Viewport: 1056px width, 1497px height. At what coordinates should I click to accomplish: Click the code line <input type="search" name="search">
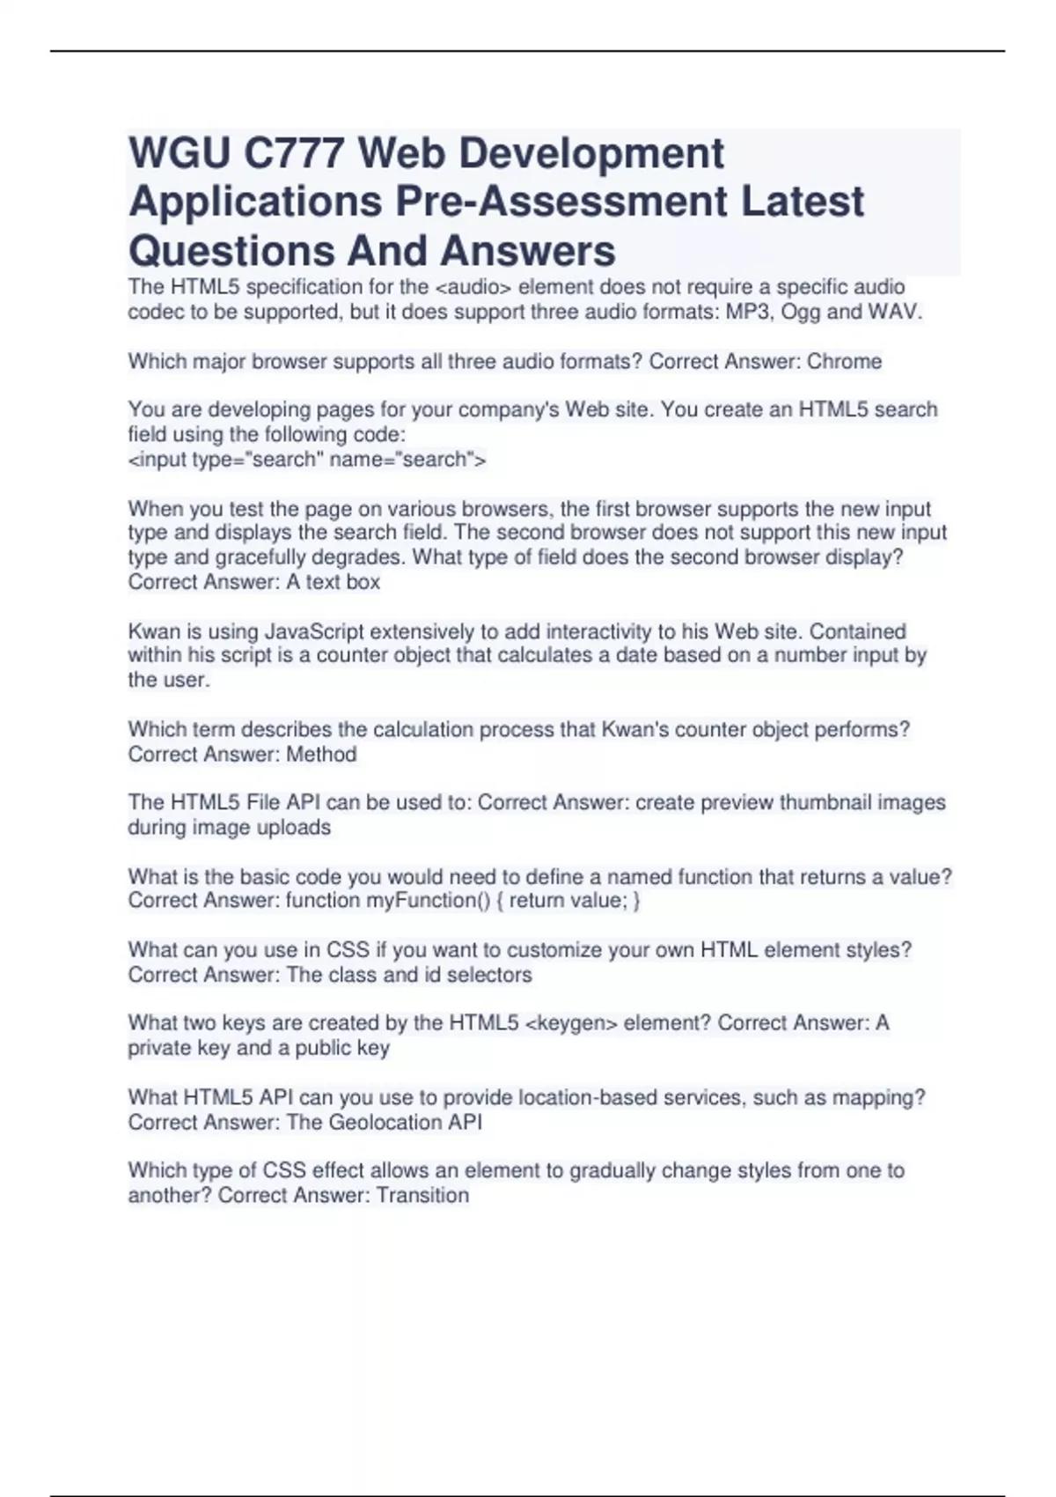(307, 459)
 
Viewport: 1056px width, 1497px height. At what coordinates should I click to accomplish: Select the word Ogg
(800, 312)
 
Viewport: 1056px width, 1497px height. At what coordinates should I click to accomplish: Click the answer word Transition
(422, 1195)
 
